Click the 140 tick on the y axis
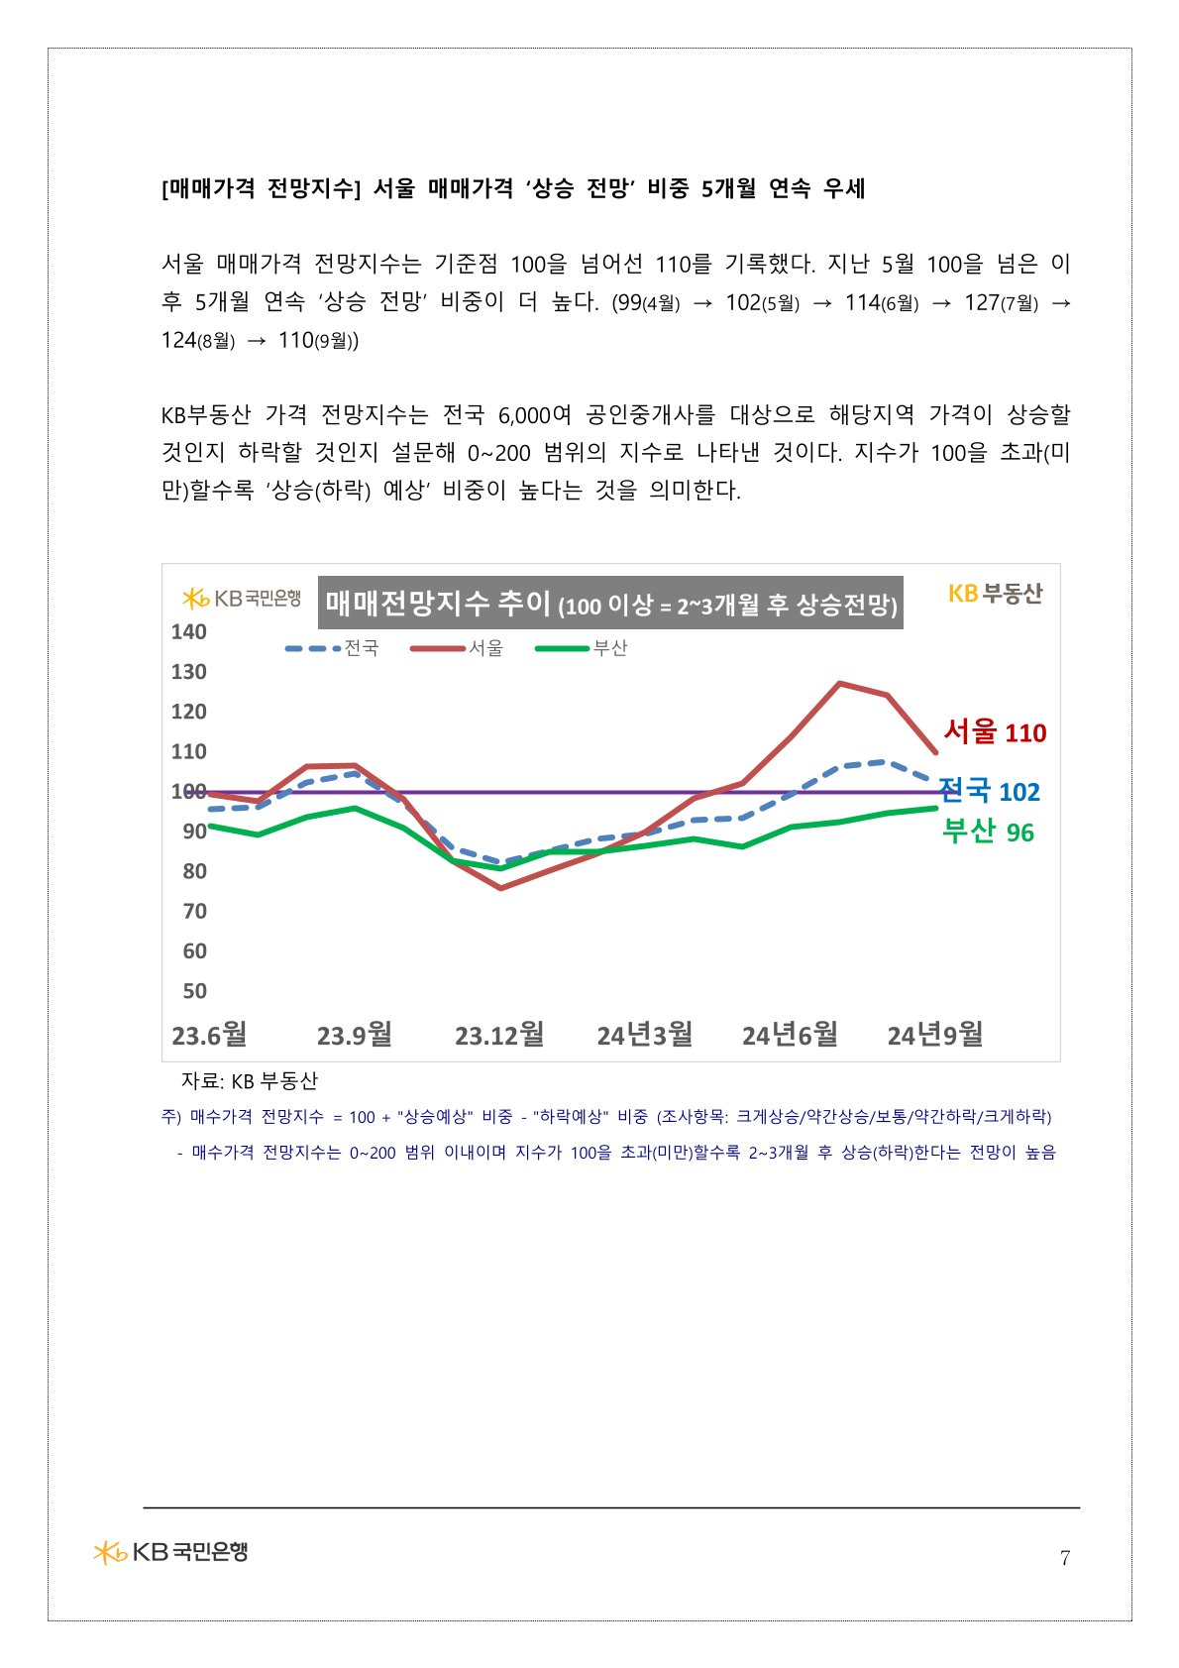click(x=188, y=632)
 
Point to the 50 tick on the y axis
click(x=194, y=991)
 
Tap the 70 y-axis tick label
click(x=194, y=911)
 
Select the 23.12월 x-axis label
click(x=499, y=1035)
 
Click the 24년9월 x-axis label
click(x=934, y=1035)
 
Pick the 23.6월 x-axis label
click(x=209, y=1035)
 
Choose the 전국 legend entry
click(x=333, y=648)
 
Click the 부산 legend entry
click(x=582, y=648)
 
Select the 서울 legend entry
click(x=458, y=648)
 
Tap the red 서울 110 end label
click(x=995, y=732)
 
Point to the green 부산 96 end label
click(x=988, y=832)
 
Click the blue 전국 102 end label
click(x=989, y=791)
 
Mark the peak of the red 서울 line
click(x=839, y=683)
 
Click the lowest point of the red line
click(x=501, y=888)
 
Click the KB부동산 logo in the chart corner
click(x=995, y=594)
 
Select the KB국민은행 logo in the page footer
click(x=170, y=1551)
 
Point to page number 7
click(x=1065, y=1558)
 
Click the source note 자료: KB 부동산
click(x=249, y=1080)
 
